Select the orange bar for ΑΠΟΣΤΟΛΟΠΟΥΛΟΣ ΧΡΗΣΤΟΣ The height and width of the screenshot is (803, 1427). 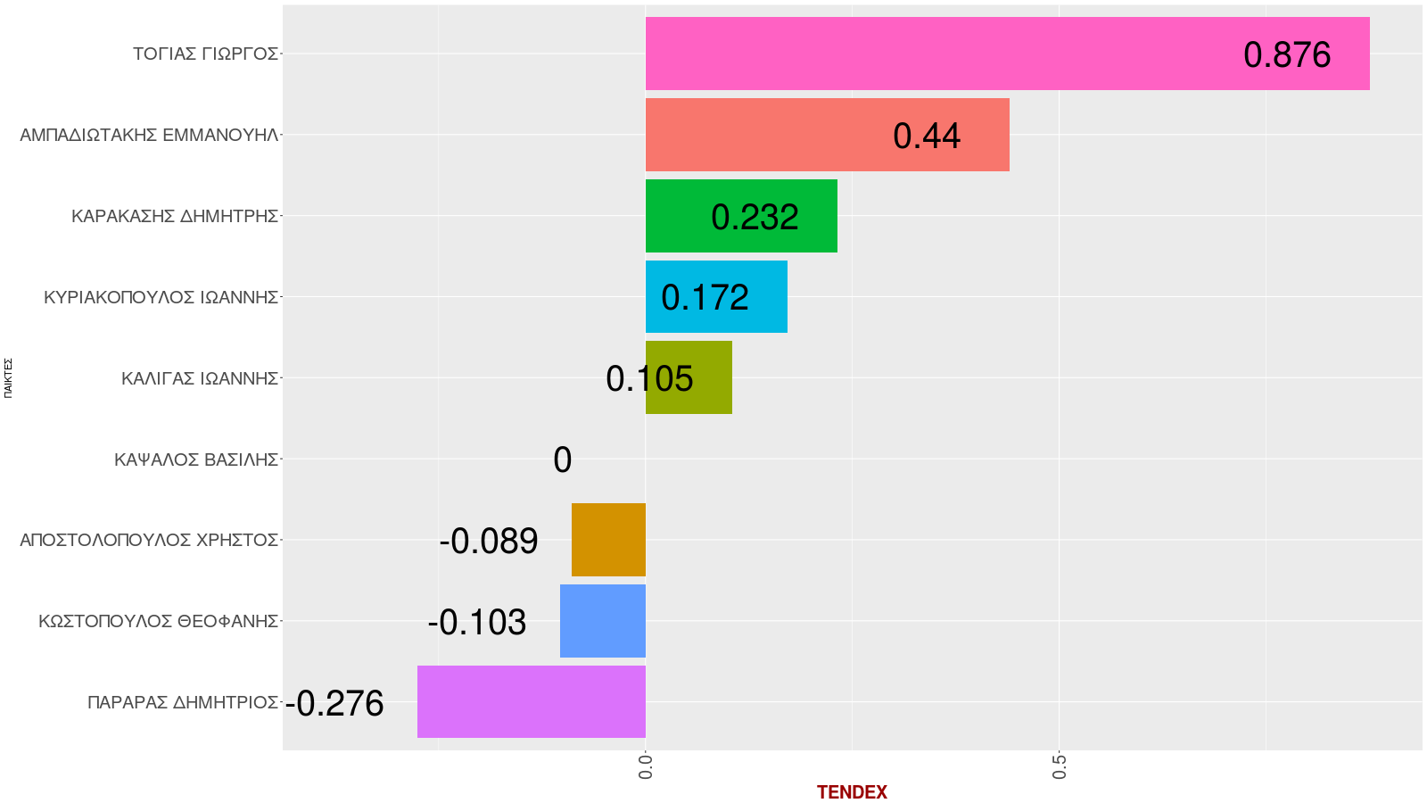pyautogui.click(x=608, y=540)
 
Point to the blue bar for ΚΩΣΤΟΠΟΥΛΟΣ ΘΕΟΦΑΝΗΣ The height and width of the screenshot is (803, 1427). pyautogui.click(x=603, y=621)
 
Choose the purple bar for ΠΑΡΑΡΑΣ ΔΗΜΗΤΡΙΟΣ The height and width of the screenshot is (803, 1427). pyautogui.click(x=532, y=701)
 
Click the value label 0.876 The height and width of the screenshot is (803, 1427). pyautogui.click(x=1287, y=55)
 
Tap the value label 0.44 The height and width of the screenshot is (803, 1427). pyautogui.click(x=927, y=137)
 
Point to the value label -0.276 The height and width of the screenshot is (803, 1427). pyautogui.click(x=335, y=704)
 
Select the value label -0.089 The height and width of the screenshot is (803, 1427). pyautogui.click(x=489, y=542)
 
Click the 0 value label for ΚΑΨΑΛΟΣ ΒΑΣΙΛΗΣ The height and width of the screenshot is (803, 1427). pyautogui.click(x=562, y=460)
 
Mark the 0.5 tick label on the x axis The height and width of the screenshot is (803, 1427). pyautogui.click(x=1060, y=766)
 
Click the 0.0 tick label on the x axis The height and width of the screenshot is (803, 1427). pyautogui.click(x=646, y=766)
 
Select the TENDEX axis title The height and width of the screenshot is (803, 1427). pyautogui.click(x=852, y=792)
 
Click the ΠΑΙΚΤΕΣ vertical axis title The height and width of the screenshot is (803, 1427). pyautogui.click(x=8, y=377)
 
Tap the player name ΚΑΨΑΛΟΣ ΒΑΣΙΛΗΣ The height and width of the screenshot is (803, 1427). pyautogui.click(x=196, y=459)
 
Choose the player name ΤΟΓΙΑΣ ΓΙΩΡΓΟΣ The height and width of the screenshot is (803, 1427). pyautogui.click(x=205, y=54)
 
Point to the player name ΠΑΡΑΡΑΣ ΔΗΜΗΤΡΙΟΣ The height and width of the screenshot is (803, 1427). pyautogui.click(x=183, y=702)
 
